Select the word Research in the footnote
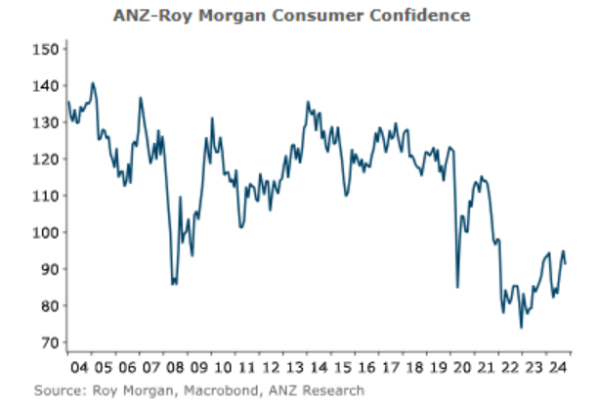point(331,391)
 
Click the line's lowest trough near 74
point(521,327)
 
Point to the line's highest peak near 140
point(92,83)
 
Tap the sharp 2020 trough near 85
point(457,287)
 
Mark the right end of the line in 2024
point(566,263)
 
